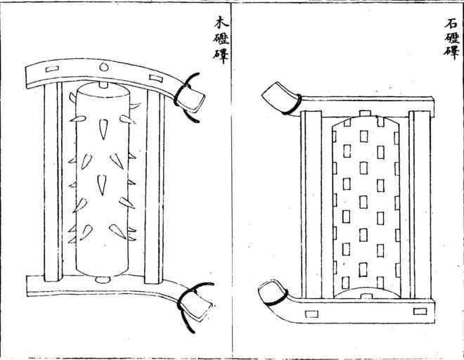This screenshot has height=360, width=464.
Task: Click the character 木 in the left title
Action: (x=221, y=23)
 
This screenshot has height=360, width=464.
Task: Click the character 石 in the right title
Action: (x=450, y=23)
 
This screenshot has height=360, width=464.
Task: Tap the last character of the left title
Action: (x=221, y=56)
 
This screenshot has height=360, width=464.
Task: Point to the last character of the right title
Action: (x=450, y=52)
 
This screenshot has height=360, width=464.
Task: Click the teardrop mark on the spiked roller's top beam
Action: (x=103, y=67)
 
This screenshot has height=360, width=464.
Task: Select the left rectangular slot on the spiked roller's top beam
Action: (x=51, y=70)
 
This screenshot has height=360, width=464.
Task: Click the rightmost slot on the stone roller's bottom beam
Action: (x=420, y=311)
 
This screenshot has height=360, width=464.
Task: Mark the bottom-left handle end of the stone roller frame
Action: (x=268, y=292)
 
